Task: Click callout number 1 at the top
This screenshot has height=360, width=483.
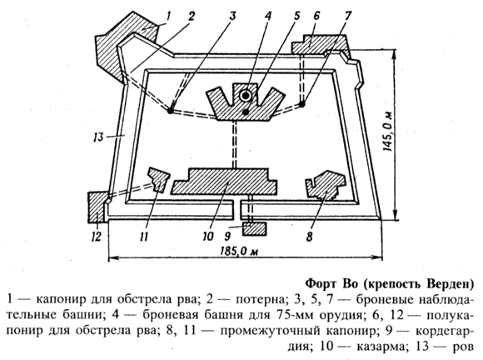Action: coord(167,17)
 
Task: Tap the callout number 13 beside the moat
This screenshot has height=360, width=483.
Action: coord(98,136)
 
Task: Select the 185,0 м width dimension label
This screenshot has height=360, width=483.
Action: coord(239,252)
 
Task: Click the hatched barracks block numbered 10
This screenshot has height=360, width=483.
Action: coord(224,181)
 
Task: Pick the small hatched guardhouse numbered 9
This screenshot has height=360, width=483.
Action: coord(254,228)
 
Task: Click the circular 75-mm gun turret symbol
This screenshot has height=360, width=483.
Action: coord(246,96)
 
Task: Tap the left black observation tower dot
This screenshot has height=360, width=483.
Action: coord(170,111)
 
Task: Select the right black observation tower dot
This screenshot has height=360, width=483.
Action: coord(302,104)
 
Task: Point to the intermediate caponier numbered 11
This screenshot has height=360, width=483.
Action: coord(158,179)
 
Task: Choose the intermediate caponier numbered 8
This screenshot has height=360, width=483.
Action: coord(326,186)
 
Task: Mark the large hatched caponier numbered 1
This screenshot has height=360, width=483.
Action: coord(123,46)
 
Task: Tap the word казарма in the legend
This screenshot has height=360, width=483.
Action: coord(380,347)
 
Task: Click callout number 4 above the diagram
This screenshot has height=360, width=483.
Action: coord(267,16)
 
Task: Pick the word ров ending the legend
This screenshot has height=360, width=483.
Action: coord(462,347)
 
